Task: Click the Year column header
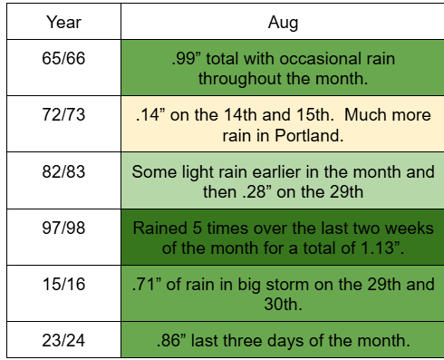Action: [63, 23]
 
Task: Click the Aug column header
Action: [283, 23]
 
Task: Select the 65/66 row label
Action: [63, 58]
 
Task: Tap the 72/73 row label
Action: [63, 114]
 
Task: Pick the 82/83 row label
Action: [63, 171]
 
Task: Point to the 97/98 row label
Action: [63, 228]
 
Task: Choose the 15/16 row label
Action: [63, 284]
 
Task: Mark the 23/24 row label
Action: [63, 340]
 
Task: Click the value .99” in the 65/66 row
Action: [187, 58]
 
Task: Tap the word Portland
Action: [309, 135]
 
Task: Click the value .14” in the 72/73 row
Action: [150, 115]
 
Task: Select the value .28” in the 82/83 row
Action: [256, 192]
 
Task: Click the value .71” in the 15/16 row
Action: [147, 284]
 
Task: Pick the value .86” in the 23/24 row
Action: [171, 340]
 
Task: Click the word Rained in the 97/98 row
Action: [160, 228]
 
